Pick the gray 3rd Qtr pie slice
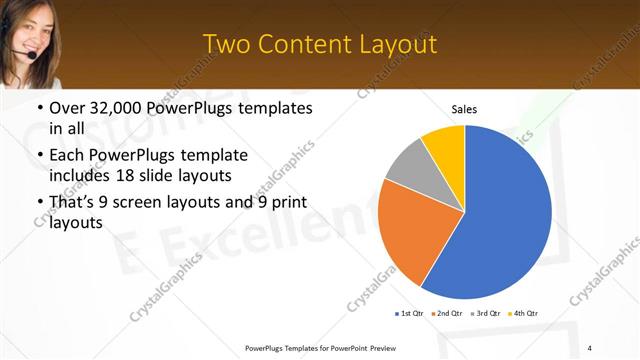408,163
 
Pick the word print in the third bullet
288,203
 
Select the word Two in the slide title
226,44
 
